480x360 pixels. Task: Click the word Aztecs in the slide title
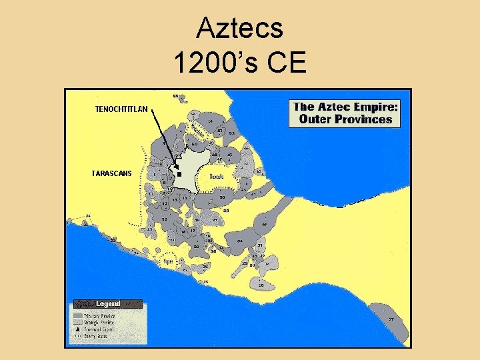click(240, 29)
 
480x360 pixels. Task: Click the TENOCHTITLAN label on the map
click(121, 108)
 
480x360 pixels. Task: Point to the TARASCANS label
click(111, 173)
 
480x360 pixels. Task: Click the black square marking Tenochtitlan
click(179, 173)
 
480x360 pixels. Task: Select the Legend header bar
click(107, 304)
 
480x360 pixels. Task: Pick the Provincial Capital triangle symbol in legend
click(78, 329)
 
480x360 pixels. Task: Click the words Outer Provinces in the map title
click(345, 120)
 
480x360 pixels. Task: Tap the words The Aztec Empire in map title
click(345, 107)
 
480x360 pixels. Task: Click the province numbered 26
click(261, 285)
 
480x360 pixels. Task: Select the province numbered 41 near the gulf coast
click(264, 225)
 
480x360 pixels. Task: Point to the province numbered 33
click(240, 241)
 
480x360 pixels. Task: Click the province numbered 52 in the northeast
click(232, 134)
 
